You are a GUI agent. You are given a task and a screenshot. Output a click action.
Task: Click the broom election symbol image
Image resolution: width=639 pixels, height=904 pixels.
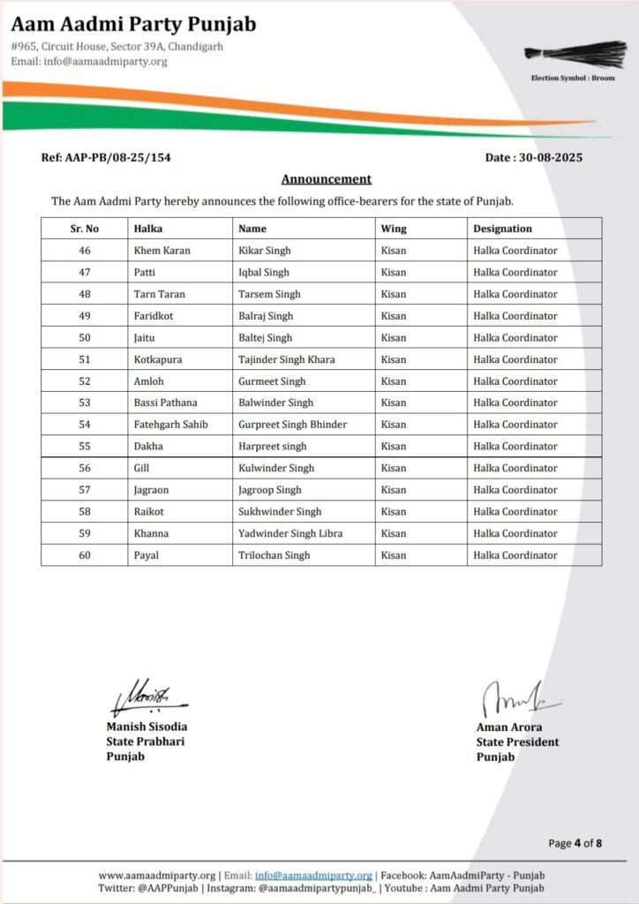coord(569,54)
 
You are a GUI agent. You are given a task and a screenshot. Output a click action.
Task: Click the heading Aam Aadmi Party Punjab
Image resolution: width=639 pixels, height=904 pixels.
coord(133,25)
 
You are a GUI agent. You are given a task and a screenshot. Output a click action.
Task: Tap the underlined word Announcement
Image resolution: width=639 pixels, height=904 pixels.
coord(326,179)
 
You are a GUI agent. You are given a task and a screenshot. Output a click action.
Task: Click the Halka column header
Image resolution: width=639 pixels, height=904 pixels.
coord(148,229)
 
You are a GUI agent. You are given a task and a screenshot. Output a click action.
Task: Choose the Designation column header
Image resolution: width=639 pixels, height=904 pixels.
coord(502,229)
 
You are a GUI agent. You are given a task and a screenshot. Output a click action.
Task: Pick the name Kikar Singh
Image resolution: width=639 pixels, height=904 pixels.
coord(264,251)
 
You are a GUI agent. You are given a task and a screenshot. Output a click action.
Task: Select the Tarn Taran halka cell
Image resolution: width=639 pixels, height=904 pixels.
coord(159,294)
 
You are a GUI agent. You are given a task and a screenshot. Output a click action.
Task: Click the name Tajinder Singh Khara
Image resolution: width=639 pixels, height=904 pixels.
coord(286,359)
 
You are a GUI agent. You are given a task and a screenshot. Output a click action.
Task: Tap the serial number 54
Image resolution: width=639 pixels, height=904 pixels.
coord(85,425)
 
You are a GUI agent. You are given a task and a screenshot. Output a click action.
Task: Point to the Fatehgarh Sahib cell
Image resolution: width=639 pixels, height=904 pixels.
coord(170,425)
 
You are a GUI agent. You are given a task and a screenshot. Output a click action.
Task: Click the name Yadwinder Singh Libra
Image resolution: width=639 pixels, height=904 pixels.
coord(290,533)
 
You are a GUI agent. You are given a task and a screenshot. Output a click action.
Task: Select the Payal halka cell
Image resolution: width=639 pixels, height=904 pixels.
coord(147,555)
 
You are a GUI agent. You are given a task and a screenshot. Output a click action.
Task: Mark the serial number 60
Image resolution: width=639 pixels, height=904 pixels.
coord(85,555)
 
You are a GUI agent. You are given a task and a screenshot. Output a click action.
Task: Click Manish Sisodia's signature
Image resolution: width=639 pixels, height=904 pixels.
coord(146,697)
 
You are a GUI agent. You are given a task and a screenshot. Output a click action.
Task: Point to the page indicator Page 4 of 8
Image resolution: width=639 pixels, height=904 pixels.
coord(575,843)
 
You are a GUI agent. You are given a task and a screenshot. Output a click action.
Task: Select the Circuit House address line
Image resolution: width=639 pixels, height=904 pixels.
coord(117,46)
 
